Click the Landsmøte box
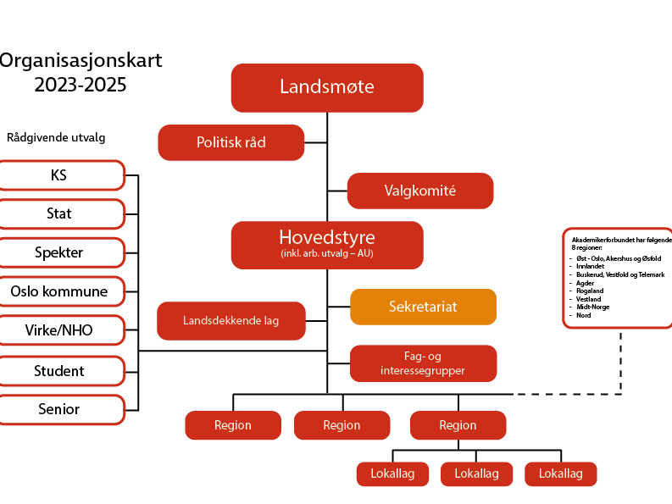click(327, 87)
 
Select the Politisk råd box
click(230, 142)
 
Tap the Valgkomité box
click(420, 191)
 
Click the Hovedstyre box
click(327, 245)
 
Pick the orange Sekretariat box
click(423, 307)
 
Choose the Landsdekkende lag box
click(230, 321)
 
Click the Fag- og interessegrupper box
click(423, 363)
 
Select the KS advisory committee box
click(59, 175)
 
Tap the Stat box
click(59, 213)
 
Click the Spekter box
click(59, 252)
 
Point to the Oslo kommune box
click(59, 291)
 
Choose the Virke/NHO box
click(59, 330)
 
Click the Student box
click(59, 370)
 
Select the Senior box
click(59, 409)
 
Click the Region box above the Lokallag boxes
click(458, 425)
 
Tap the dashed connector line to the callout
click(621, 364)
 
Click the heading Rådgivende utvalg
click(56, 137)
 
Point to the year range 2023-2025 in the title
click(80, 86)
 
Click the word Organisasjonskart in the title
click(81, 61)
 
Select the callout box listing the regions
click(617, 277)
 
